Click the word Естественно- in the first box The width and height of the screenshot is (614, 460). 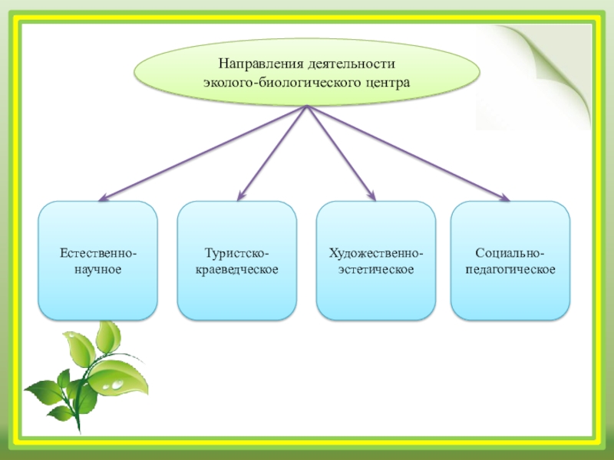(98, 252)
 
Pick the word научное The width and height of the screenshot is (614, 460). (98, 270)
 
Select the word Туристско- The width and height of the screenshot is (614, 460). (236, 252)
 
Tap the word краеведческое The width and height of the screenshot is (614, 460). (236, 270)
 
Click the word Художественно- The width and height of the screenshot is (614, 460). (375, 252)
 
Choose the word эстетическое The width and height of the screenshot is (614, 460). (375, 270)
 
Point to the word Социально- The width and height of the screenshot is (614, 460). (510, 252)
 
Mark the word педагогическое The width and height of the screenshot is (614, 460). (510, 270)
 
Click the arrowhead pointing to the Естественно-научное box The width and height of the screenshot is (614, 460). (101, 199)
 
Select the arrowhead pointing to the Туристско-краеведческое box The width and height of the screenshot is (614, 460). (239, 198)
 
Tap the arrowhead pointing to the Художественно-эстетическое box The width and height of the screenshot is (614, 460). (372, 198)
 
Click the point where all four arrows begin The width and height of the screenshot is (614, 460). (307, 107)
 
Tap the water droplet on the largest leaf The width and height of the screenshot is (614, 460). (116, 380)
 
